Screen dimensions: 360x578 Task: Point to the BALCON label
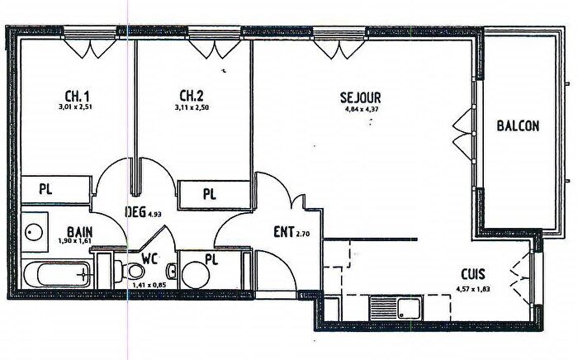pos(518,126)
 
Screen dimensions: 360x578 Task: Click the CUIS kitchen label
pos(473,275)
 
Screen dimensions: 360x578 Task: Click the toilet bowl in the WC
pos(137,271)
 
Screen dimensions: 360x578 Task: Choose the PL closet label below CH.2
pos(210,195)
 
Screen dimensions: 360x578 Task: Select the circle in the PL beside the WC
pos(195,273)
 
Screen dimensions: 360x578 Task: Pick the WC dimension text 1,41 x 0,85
pos(149,286)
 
